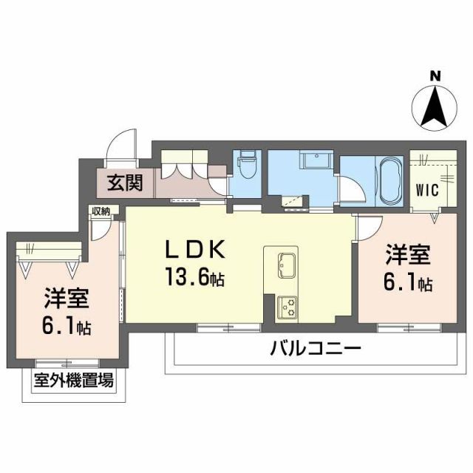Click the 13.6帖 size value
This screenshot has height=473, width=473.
point(196,279)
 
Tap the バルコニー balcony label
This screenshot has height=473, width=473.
point(316,347)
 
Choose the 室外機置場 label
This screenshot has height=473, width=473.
point(72,381)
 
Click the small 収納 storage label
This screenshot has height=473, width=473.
point(101,211)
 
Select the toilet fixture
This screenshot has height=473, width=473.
point(246,167)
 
